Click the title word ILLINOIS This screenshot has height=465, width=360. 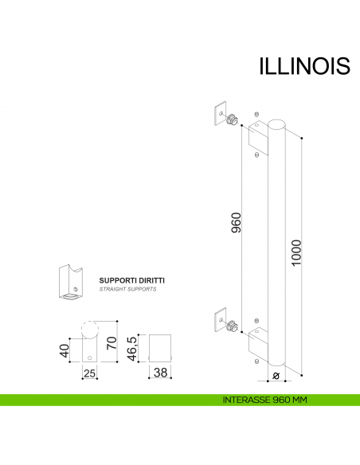tap(304, 66)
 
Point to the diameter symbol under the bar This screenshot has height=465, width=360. tap(276, 375)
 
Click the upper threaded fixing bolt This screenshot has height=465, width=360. tap(232, 120)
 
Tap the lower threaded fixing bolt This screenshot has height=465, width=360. tap(232, 326)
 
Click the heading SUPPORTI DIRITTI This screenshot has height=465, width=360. tap(131, 281)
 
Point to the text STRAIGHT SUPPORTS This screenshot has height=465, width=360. tap(127, 291)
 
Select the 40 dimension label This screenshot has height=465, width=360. tap(62, 351)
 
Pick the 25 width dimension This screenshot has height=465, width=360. tap(89, 373)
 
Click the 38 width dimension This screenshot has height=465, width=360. tap(161, 372)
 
